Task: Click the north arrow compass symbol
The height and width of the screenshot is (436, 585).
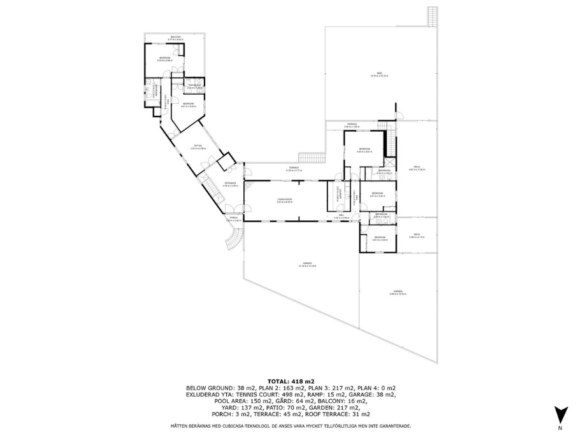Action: coord(561,415)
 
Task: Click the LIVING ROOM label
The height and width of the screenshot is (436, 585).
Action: coord(284,199)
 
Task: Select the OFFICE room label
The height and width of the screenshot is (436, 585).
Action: coord(198,147)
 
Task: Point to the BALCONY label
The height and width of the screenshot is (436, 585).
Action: coord(175,38)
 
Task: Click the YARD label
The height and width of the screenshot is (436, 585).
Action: coord(379,74)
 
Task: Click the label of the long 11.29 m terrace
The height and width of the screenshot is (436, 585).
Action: coord(293,168)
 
